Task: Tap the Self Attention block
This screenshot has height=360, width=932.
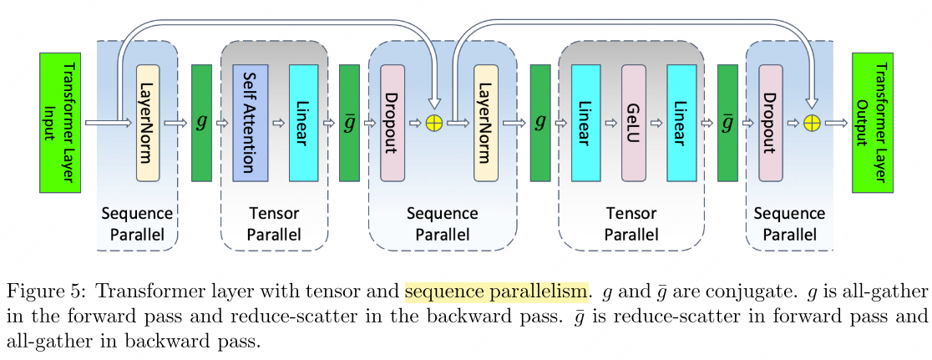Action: (250, 122)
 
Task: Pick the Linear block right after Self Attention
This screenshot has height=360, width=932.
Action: (303, 122)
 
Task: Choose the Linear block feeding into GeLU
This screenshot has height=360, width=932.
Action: (586, 122)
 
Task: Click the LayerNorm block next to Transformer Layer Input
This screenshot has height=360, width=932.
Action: (148, 122)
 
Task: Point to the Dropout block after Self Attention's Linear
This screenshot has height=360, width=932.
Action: (392, 122)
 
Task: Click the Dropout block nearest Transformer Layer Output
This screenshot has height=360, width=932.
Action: (771, 122)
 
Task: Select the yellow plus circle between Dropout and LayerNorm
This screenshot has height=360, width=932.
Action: (433, 124)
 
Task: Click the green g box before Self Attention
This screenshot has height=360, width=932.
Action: (201, 122)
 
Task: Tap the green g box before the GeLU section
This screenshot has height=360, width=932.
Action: (540, 122)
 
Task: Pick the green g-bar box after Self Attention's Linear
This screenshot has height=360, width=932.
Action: (349, 122)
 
